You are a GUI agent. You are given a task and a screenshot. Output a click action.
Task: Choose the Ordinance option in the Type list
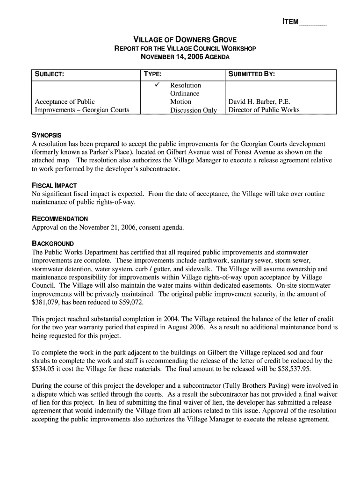pos(185,94)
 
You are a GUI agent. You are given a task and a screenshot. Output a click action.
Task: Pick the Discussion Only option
pos(194,110)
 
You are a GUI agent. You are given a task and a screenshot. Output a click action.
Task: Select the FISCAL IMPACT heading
pos(54,185)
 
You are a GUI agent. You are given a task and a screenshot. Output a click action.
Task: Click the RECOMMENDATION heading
pos(59,218)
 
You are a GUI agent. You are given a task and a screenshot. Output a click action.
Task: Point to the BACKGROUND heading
pos(52,244)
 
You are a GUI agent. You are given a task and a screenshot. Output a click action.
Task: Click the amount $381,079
pos(46,303)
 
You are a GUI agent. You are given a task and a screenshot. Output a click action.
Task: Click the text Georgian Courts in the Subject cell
pos(106,110)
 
